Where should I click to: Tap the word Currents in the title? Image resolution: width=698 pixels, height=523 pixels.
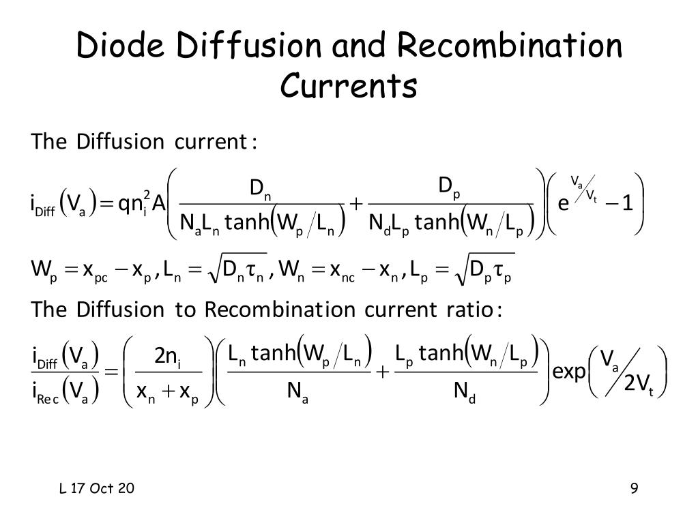click(349, 86)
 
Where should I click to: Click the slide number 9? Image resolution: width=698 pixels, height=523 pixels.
click(635, 488)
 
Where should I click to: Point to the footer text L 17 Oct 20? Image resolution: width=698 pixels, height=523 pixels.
click(96, 488)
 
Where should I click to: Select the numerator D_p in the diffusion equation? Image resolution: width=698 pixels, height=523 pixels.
click(449, 187)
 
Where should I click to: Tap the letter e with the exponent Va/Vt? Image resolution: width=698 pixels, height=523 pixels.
click(563, 204)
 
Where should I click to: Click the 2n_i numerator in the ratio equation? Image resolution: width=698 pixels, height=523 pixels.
click(166, 357)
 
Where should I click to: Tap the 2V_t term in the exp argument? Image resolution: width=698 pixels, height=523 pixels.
click(639, 385)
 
